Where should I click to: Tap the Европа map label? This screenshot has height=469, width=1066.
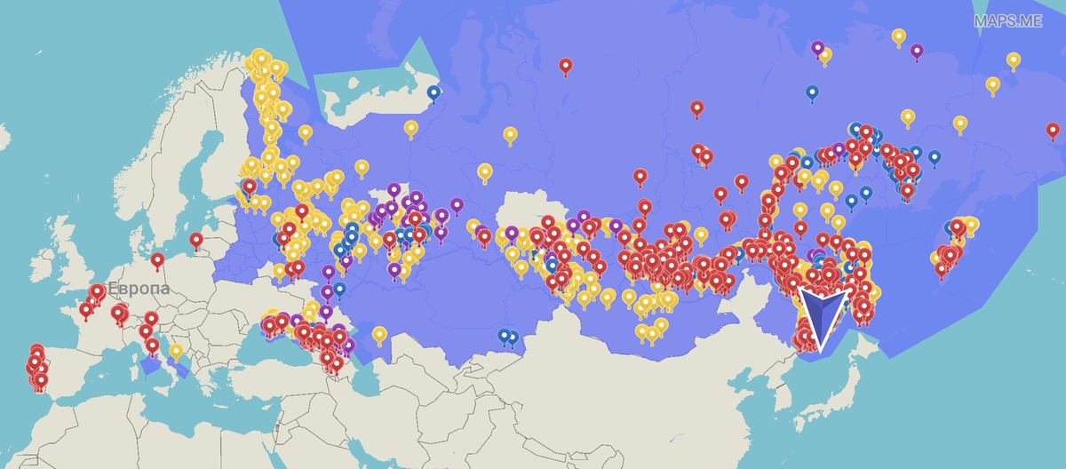coord(139,289)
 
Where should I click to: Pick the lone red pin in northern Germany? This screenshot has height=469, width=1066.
coord(157,259)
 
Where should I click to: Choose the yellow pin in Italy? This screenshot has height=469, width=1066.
coord(176,350)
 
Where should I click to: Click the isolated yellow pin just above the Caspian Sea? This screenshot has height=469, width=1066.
coord(379,333)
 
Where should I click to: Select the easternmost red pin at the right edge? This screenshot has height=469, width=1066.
coord(1053,130)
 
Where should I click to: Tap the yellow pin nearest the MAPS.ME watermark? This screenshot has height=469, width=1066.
coord(1013,60)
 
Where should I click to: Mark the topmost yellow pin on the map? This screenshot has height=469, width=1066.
coord(898,36)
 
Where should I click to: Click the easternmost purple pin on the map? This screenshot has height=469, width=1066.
coord(917,51)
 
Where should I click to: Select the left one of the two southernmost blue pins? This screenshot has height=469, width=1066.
coord(504,335)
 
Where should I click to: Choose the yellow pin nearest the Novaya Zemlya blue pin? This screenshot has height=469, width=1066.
coord(410,128)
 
